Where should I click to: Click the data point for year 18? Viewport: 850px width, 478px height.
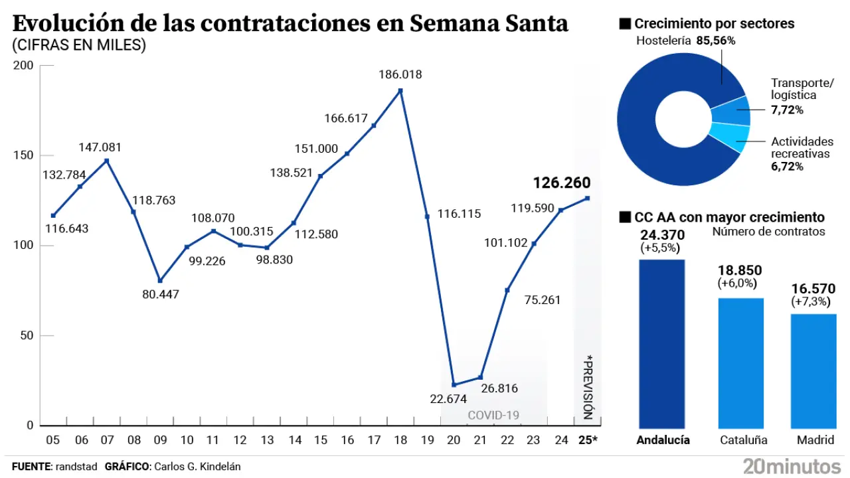click(x=400, y=90)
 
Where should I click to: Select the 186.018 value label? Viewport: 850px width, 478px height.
click(x=400, y=75)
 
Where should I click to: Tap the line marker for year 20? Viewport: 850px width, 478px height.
click(x=454, y=384)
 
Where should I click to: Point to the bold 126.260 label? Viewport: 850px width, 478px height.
click(x=562, y=183)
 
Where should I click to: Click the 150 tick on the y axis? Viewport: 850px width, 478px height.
click(x=25, y=155)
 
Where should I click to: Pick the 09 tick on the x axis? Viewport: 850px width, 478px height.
click(x=160, y=439)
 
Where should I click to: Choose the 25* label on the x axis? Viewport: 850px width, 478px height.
click(x=588, y=439)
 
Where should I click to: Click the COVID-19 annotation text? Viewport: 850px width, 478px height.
click(x=493, y=416)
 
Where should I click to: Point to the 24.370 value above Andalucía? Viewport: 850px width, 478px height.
click(x=663, y=235)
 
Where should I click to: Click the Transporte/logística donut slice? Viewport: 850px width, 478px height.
click(x=737, y=112)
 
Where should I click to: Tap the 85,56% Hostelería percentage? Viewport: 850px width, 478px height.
click(x=716, y=41)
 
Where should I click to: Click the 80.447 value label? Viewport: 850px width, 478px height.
click(x=161, y=294)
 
